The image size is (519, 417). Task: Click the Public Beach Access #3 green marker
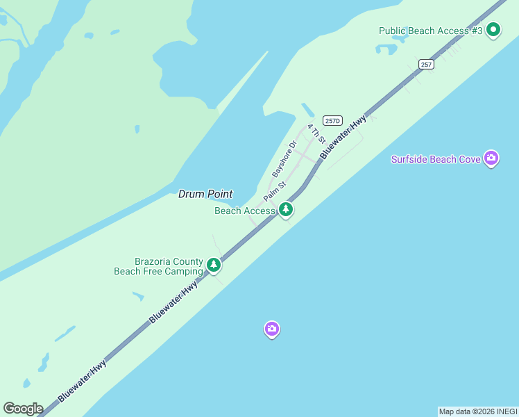click(x=493, y=30)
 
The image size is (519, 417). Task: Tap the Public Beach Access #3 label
click(x=430, y=31)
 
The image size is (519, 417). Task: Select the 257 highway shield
click(x=426, y=64)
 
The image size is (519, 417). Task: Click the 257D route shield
click(x=332, y=120)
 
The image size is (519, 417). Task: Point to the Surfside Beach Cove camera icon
click(x=491, y=158)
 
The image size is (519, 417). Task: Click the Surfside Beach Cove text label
click(x=436, y=159)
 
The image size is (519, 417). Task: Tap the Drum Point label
click(x=205, y=194)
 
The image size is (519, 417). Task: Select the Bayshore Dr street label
click(x=284, y=158)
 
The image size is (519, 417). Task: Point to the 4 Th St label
click(x=316, y=133)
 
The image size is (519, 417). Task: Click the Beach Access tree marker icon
click(x=285, y=209)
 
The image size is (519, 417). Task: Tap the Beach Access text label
click(x=245, y=211)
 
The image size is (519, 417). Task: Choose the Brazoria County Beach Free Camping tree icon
click(x=214, y=265)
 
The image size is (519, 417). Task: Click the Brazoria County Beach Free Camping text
click(x=159, y=266)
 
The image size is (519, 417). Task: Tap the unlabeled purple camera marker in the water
click(x=272, y=329)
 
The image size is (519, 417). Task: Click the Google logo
click(x=23, y=408)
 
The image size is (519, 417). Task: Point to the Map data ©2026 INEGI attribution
click(x=478, y=411)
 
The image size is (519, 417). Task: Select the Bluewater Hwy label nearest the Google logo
click(x=83, y=380)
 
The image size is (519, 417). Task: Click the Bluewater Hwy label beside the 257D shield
click(x=343, y=138)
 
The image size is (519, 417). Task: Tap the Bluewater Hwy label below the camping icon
click(x=173, y=301)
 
